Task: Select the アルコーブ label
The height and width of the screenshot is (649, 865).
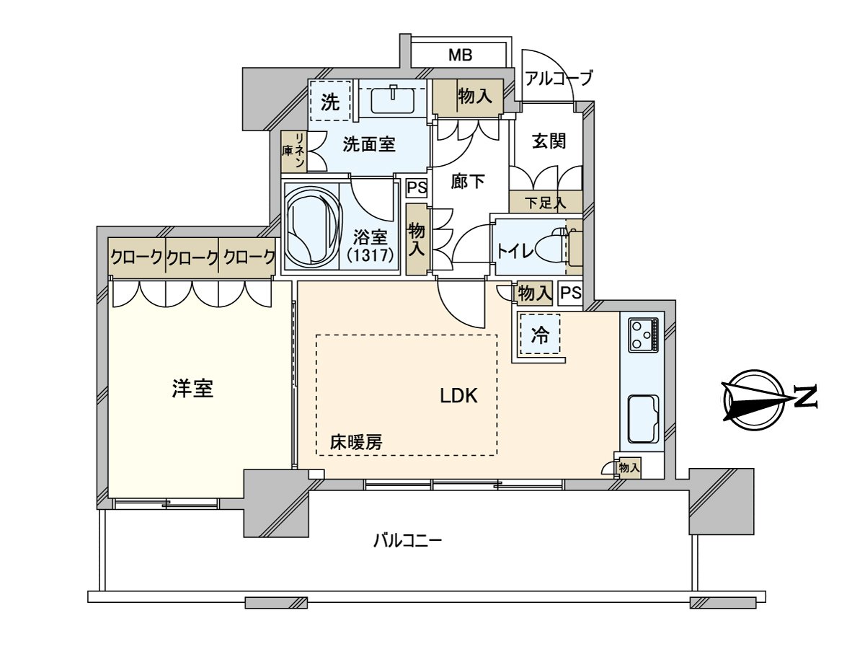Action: click(x=559, y=78)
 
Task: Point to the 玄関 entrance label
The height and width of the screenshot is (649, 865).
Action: click(x=549, y=141)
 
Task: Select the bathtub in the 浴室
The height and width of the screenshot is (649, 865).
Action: click(x=311, y=226)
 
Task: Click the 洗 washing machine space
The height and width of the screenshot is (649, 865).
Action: click(x=329, y=102)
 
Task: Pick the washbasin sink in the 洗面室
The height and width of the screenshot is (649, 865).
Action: click(x=394, y=99)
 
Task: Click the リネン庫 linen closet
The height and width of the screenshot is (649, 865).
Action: click(x=293, y=151)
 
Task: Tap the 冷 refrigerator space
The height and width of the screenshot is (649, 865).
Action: click(x=539, y=335)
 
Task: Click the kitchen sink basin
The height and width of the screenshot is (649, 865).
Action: click(x=642, y=419)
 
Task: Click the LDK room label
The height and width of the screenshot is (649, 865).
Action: click(x=459, y=395)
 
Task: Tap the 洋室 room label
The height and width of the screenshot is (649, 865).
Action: click(x=192, y=389)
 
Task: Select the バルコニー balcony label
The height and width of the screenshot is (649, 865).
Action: click(x=407, y=540)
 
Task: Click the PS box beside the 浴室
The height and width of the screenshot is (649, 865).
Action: click(x=417, y=187)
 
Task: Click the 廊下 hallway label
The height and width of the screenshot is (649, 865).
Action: click(x=468, y=182)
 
